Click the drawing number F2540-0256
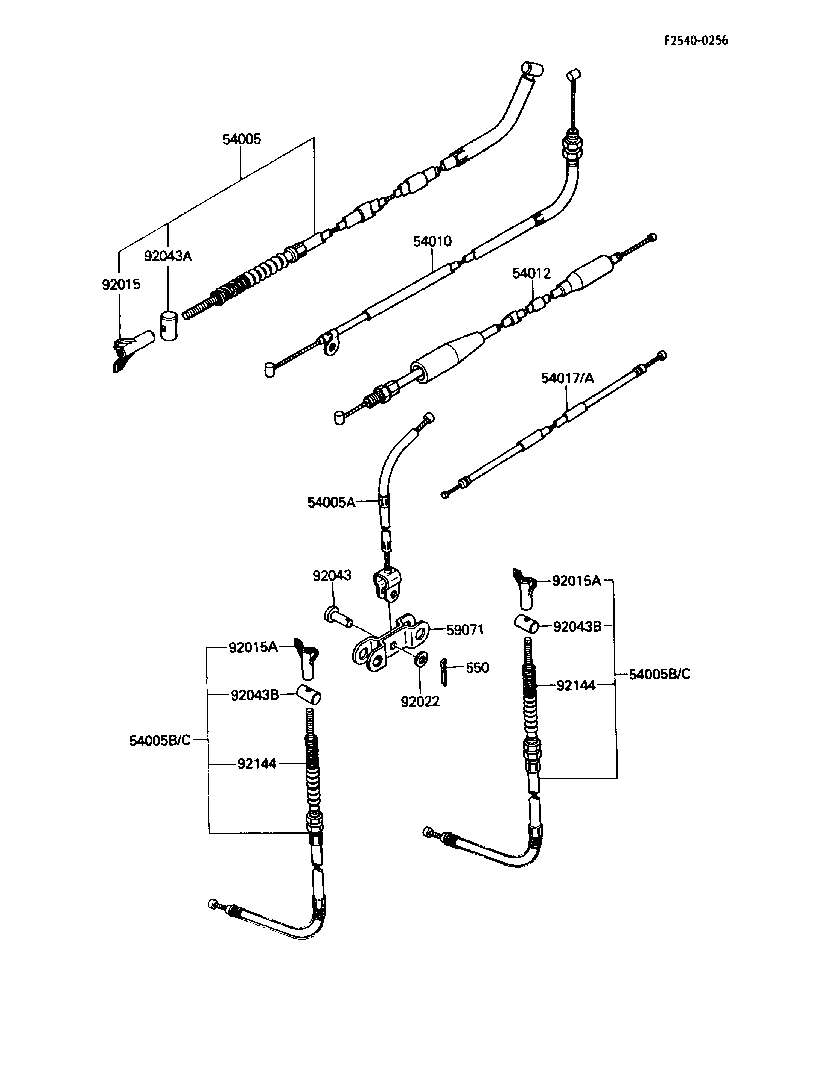point(696,41)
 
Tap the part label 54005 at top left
point(242,139)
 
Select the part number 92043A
point(167,256)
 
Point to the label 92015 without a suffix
point(121,285)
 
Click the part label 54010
point(432,241)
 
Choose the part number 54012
point(531,273)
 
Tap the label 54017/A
point(568,378)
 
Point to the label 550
point(477,668)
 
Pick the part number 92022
point(420,702)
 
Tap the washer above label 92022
point(420,659)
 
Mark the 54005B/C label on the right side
point(659,674)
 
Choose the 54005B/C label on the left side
point(160,741)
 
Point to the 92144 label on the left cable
point(257,764)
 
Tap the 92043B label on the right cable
point(577,626)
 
